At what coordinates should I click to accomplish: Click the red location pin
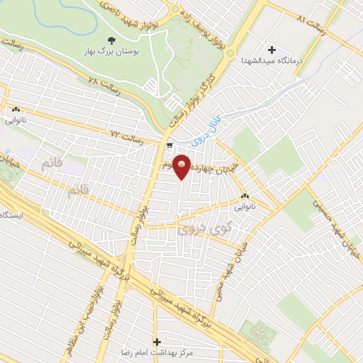(182, 166)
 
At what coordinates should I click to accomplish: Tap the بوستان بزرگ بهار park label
(112, 52)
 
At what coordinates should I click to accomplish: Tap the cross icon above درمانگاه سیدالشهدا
(271, 49)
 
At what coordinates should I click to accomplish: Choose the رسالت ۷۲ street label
(128, 133)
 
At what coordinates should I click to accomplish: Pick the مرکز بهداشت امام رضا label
(160, 352)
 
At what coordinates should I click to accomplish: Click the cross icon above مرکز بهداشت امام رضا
(157, 341)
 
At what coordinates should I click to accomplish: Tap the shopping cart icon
(169, 145)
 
